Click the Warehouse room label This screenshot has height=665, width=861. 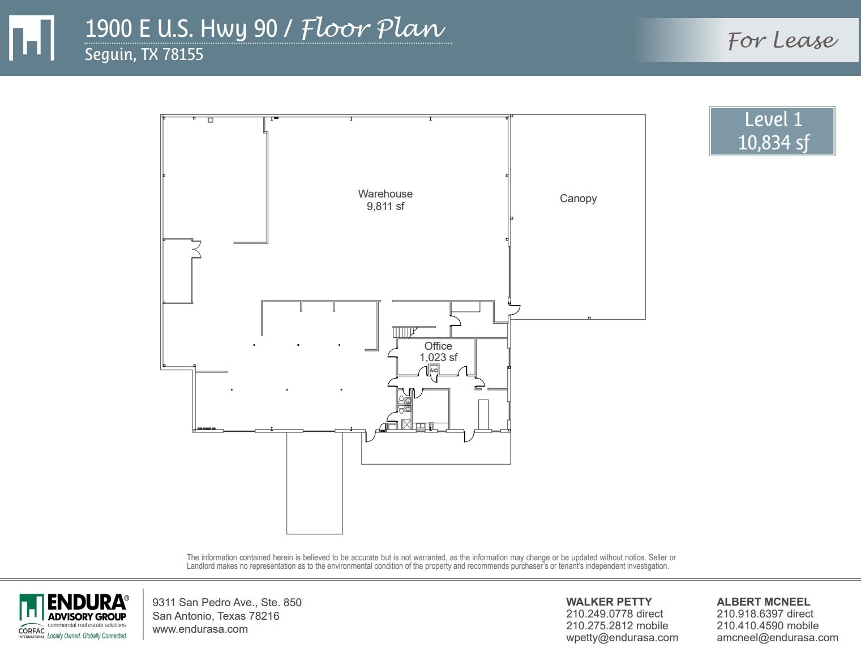pyautogui.click(x=385, y=194)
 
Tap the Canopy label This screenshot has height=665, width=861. pyautogui.click(x=578, y=199)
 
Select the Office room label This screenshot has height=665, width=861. pyautogui.click(x=438, y=346)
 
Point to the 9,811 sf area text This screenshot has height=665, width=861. pyautogui.click(x=385, y=207)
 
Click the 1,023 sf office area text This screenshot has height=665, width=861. pyautogui.click(x=438, y=358)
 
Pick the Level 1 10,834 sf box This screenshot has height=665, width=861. pyautogui.click(x=772, y=131)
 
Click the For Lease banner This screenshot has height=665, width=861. pyautogui.click(x=782, y=41)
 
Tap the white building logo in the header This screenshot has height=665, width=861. pyautogui.click(x=32, y=38)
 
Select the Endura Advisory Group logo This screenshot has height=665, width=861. pyautogui.click(x=73, y=616)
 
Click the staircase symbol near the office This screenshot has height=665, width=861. pyautogui.click(x=404, y=332)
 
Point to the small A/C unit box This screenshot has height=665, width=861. pyautogui.click(x=434, y=370)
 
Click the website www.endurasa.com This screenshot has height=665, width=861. pyautogui.click(x=200, y=629)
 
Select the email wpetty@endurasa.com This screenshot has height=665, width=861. pyautogui.click(x=622, y=638)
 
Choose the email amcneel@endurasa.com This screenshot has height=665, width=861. pyautogui.click(x=777, y=638)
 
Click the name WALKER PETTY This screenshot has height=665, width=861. pyautogui.click(x=609, y=602)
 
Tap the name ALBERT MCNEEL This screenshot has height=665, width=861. pyautogui.click(x=763, y=602)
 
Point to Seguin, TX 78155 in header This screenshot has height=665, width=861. pyautogui.click(x=144, y=55)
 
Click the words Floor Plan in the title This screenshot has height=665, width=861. pyautogui.click(x=372, y=28)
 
